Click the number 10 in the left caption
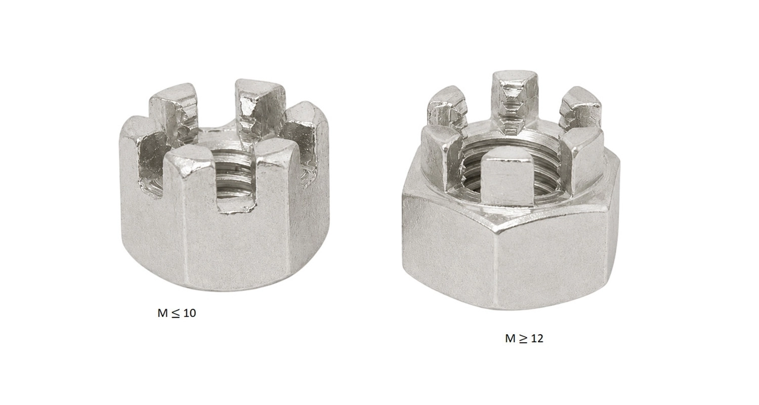189,313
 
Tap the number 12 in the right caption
537,339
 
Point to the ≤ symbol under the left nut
175,313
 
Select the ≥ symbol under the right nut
523,339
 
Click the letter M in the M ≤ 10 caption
162,313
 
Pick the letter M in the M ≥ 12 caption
510,339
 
